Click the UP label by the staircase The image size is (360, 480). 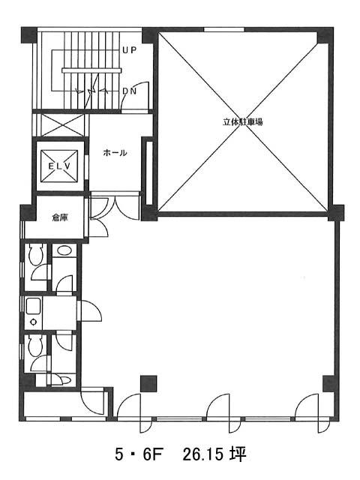coord(129,50)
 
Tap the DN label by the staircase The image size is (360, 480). coord(129,91)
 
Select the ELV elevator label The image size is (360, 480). coord(59,166)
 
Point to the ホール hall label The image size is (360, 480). coord(115,152)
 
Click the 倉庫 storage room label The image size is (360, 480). coord(60,217)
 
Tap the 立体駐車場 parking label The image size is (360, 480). coord(243,121)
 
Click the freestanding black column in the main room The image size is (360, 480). coord(148,383)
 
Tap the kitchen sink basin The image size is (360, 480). coord(33,306)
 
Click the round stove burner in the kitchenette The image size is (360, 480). coord(33,322)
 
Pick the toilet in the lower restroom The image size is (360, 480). coord(35,346)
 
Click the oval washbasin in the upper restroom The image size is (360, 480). coord(64,251)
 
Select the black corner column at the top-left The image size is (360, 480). coord(28,35)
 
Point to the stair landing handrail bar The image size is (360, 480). coord(91,70)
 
